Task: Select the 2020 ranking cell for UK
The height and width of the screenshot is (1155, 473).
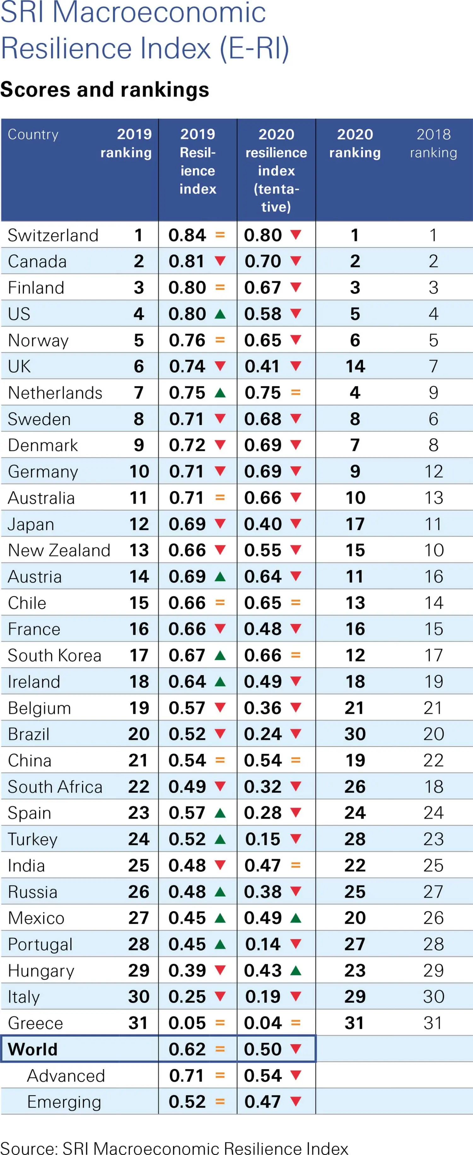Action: (355, 366)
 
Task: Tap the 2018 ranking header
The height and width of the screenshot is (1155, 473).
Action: (433, 143)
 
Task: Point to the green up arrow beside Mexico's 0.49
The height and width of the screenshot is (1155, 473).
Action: (295, 918)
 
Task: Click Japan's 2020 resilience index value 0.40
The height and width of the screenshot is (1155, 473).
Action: (263, 524)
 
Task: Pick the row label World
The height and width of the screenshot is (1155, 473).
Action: (33, 1049)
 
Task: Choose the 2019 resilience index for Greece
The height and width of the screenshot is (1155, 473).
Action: (187, 1023)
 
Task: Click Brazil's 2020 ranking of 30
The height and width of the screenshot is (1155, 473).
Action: (355, 734)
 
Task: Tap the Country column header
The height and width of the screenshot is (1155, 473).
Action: (33, 135)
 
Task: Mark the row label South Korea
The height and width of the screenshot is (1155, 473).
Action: (55, 655)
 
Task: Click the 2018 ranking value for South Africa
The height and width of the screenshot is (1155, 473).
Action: (433, 786)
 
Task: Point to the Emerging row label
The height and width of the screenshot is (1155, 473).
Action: (64, 1102)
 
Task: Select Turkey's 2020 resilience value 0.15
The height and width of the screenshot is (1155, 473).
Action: (263, 839)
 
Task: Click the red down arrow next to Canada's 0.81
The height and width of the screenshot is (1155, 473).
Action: (220, 260)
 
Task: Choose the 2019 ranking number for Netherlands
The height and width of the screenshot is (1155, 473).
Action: (138, 393)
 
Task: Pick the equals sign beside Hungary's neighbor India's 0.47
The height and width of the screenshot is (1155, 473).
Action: (295, 865)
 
